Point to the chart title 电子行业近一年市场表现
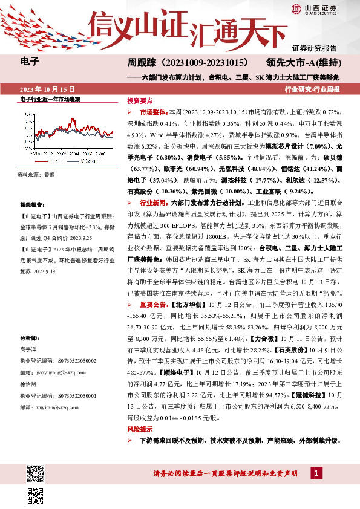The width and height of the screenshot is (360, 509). coord(50,99)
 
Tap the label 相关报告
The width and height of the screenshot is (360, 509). coord(30,205)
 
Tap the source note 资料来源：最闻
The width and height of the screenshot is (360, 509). coord(36,173)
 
